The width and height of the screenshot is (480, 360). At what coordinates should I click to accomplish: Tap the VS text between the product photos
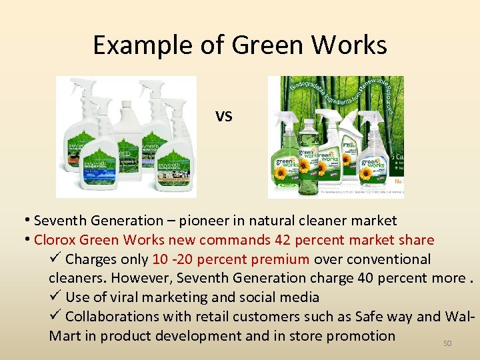coord(224,117)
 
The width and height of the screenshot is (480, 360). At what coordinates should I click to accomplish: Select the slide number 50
coord(447,343)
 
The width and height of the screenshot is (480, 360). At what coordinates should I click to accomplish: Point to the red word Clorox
coord(54,240)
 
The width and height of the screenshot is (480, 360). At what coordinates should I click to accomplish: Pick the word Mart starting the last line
coord(65,336)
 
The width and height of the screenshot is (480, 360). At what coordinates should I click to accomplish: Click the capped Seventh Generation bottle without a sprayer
coord(127,143)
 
